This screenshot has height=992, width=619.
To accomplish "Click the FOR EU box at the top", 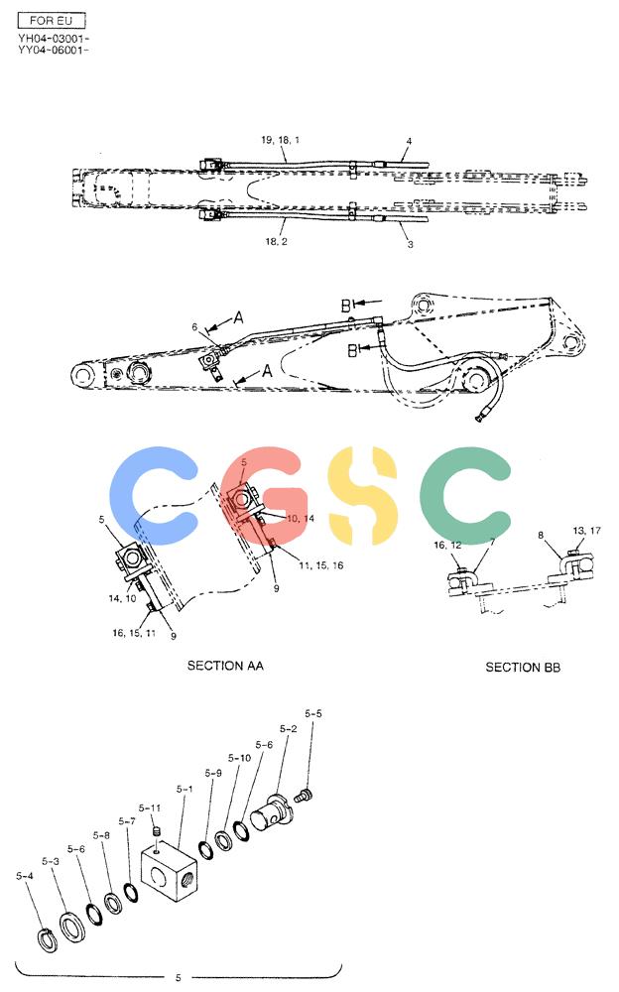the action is click(x=52, y=20).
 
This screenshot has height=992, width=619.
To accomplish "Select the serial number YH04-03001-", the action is click(x=54, y=39).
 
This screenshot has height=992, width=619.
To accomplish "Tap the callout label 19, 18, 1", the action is click(x=281, y=139).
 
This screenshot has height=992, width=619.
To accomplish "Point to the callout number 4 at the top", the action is click(x=409, y=141).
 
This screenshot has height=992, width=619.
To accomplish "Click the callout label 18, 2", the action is click(x=276, y=241).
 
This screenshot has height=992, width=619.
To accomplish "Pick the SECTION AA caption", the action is click(x=225, y=665).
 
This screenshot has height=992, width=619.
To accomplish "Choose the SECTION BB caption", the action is click(x=523, y=667).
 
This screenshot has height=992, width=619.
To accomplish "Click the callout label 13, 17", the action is click(x=586, y=530).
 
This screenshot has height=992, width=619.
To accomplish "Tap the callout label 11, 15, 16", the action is click(x=320, y=565).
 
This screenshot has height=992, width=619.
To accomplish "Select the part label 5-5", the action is click(x=313, y=713).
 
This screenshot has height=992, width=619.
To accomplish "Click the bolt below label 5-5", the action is click(x=305, y=796).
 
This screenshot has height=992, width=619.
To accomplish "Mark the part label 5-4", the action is click(x=25, y=876).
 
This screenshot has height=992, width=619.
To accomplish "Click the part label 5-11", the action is click(x=150, y=807).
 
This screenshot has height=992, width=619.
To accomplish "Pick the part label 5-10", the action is click(x=239, y=757).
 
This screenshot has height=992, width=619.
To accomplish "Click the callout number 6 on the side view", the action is click(x=195, y=327).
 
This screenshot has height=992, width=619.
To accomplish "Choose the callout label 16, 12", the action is click(x=447, y=545).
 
